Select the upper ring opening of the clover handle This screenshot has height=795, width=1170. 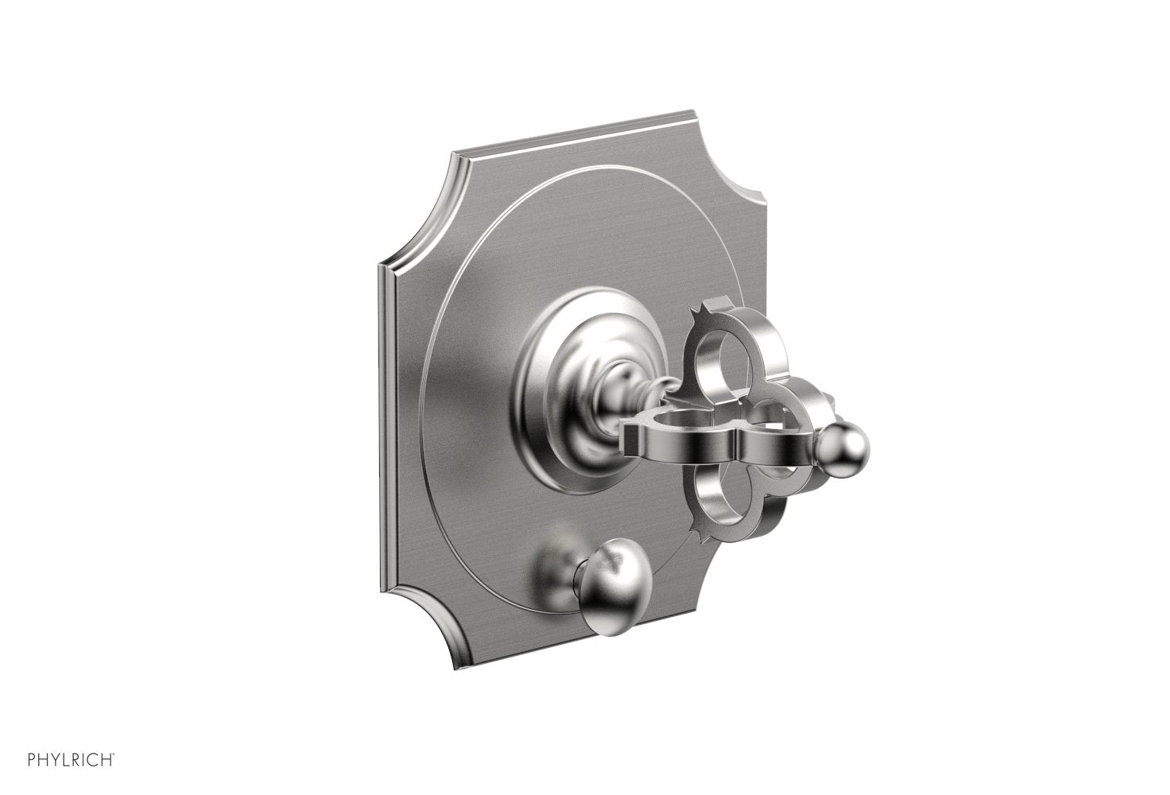coord(719,362)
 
